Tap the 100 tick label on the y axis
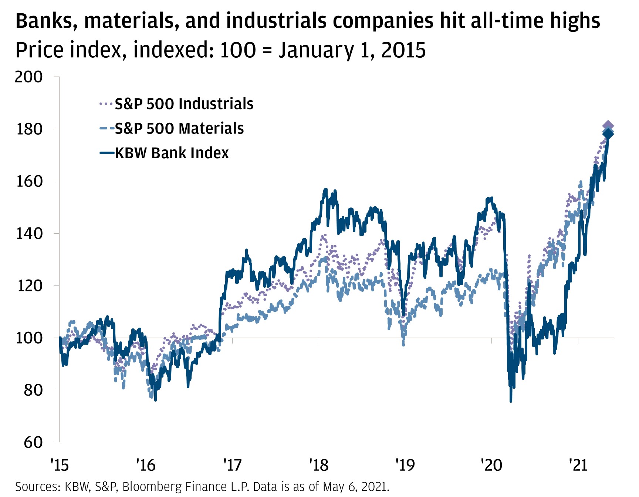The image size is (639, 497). point(29,338)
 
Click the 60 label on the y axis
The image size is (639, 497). point(33,442)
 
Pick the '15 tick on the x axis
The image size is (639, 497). point(60,465)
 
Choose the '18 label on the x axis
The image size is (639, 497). point(319,465)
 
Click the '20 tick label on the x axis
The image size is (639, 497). point(491,465)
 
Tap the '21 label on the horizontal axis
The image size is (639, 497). point(578,465)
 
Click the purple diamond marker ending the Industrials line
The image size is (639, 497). point(608,126)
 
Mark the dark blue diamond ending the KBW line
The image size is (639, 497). point(608,134)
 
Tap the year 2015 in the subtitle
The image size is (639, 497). point(403,50)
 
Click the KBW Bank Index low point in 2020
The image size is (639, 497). point(511,401)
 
